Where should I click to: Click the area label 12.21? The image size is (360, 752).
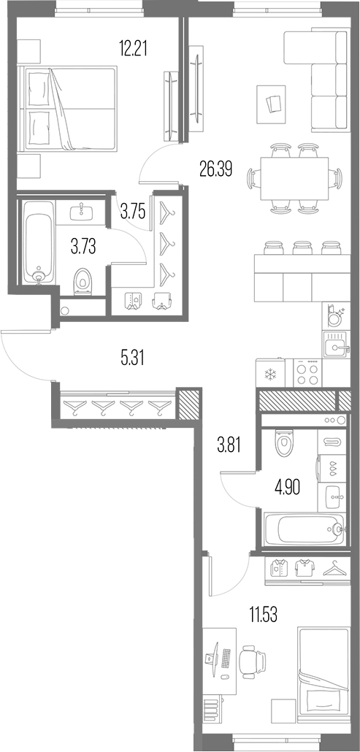133,48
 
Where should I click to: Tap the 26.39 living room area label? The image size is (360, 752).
216,169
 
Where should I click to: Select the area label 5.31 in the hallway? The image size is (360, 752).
133,358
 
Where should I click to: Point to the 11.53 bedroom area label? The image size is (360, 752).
263,614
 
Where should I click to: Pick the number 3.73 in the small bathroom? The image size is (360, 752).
83,248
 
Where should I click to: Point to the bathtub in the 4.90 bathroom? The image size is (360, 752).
305,529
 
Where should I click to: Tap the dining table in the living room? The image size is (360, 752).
294,178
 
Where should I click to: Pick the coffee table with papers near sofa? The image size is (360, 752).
272,104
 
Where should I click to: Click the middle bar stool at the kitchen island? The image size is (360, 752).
302,248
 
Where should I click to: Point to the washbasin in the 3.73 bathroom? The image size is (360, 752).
81,212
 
